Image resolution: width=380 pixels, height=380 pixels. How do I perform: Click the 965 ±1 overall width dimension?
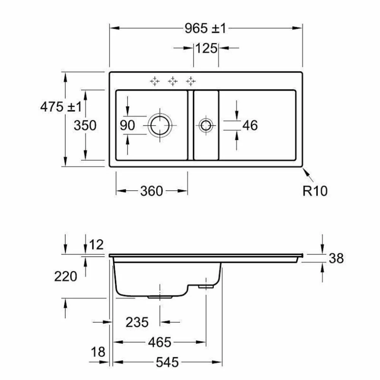coord(205,28)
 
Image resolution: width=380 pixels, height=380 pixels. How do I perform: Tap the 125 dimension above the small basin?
coord(206,48)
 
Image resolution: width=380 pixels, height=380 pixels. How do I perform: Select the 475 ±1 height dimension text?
coord(61,107)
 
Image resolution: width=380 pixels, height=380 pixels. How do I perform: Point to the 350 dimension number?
coord(85,125)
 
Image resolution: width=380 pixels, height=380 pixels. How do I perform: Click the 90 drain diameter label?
coord(127,125)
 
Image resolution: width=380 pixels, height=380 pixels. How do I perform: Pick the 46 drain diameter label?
coord(250,125)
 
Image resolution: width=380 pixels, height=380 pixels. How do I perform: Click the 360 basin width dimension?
coord(152,191)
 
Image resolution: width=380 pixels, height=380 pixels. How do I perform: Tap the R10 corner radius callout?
coord(315,191)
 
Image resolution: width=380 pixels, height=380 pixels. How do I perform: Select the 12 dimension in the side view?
coord(97,244)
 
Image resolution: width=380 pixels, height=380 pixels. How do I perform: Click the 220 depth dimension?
coord(65,276)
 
